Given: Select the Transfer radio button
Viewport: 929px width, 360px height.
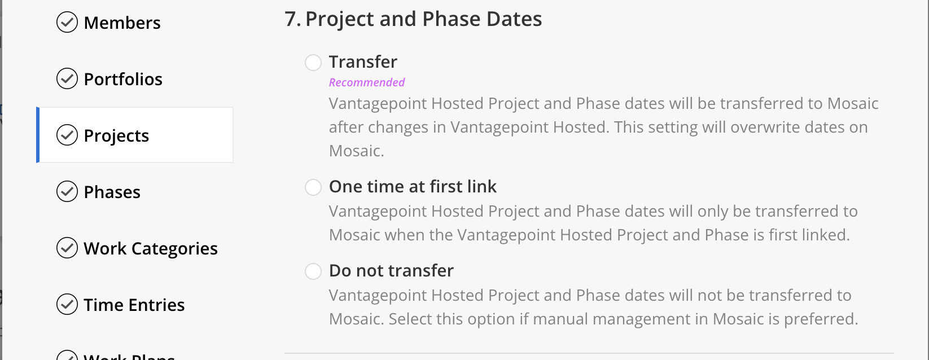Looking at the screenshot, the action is tap(313, 63).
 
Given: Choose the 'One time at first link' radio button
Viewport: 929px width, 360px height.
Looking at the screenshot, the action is tap(313, 187).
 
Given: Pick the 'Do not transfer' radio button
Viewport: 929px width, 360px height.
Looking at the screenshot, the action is tap(313, 271).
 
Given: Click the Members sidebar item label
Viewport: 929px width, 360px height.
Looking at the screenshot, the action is tap(122, 23).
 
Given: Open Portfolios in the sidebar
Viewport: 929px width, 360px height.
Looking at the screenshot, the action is tap(123, 79).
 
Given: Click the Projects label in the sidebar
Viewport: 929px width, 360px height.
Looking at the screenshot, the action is tap(116, 135).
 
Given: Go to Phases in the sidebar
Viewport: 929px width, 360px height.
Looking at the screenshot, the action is tap(112, 192).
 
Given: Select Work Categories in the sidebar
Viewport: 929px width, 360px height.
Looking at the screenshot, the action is tap(151, 248).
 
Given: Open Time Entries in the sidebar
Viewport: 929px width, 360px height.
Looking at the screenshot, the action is tap(134, 305).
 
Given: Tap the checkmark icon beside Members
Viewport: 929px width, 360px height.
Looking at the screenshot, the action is tap(67, 22).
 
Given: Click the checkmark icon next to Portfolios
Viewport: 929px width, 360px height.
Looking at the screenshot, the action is tap(67, 78).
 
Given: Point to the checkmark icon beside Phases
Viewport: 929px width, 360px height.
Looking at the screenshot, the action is tap(67, 191).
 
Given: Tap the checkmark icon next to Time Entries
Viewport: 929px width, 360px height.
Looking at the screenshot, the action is tap(67, 304).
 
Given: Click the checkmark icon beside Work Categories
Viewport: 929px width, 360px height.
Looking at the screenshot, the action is tap(67, 248).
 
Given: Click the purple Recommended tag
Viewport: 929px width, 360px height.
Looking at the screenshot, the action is tap(367, 82).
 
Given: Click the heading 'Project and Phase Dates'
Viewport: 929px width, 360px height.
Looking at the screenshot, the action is tap(423, 19).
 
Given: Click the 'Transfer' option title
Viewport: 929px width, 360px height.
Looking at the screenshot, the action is tap(363, 62).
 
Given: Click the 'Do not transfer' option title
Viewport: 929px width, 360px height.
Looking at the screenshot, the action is tap(391, 270).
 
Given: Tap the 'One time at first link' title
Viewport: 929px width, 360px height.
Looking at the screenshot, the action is tap(413, 187).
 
